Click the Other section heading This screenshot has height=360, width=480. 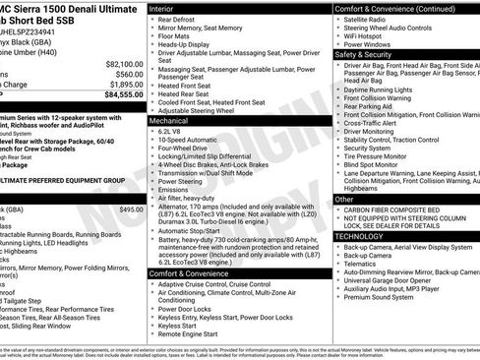click(344, 200)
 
